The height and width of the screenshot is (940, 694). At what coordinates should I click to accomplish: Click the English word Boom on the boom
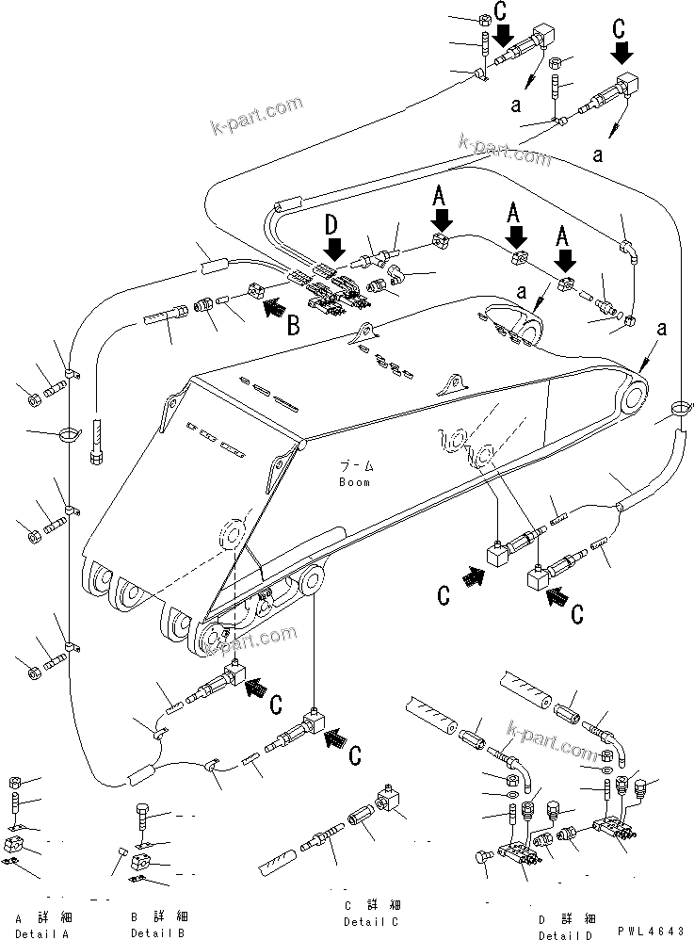point(354,482)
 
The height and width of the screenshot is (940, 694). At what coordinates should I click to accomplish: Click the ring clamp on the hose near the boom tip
point(681,408)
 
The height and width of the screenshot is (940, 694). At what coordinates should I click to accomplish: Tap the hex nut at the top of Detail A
point(16,782)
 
